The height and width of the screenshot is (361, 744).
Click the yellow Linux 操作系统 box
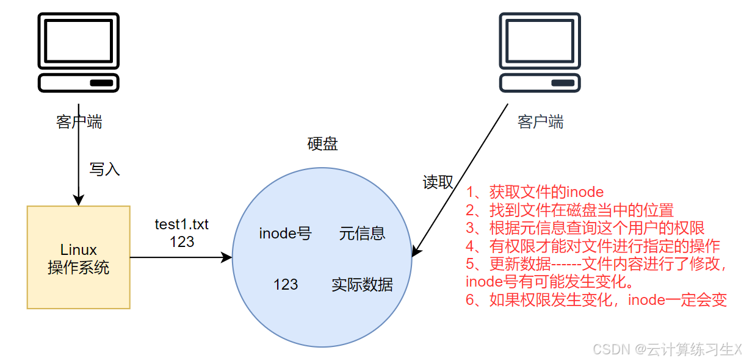click(78, 257)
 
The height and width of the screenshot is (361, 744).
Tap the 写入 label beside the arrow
click(104, 169)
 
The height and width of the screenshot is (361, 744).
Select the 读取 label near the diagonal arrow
click(438, 182)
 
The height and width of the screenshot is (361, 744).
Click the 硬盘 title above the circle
click(322, 144)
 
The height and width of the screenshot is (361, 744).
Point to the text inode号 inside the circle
click(285, 233)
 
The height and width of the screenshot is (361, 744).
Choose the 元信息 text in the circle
click(362, 233)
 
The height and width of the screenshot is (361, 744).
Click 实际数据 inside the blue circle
click(362, 284)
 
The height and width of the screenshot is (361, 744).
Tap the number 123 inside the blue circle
click(285, 284)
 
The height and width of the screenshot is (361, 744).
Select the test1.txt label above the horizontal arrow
click(181, 224)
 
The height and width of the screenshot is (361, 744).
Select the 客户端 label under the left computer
click(79, 122)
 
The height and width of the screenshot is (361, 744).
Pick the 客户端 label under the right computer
click(540, 122)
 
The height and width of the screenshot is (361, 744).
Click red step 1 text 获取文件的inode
click(535, 192)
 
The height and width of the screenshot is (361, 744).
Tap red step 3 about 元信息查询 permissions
click(585, 229)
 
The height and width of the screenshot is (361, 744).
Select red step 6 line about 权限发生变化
click(596, 300)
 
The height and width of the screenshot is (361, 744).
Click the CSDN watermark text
click(667, 349)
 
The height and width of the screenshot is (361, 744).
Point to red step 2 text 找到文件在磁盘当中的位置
click(569, 210)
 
